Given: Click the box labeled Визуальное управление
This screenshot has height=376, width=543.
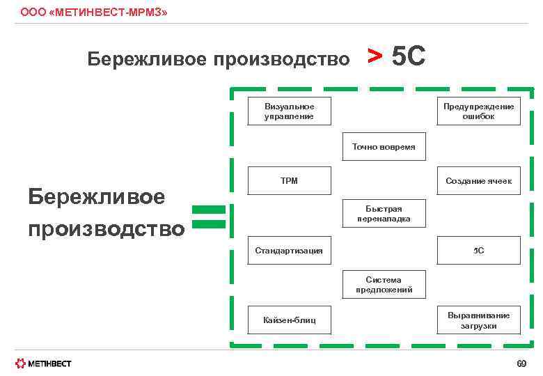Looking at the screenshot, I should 289,111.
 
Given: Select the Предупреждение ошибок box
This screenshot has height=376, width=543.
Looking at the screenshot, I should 478,111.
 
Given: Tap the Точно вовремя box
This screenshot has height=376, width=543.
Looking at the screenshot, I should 384,147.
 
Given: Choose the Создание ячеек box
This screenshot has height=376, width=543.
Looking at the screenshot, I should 478,181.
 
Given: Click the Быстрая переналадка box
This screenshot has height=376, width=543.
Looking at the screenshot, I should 384,214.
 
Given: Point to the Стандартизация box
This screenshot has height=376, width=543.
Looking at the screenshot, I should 289,250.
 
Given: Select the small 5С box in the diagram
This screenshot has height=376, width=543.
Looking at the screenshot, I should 478,250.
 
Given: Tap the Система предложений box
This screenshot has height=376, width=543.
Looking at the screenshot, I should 384,285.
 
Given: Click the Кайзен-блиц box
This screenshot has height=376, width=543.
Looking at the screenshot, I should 289,320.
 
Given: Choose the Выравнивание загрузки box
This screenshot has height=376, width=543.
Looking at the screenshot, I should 478,320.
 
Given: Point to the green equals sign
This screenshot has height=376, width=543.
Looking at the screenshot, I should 208,217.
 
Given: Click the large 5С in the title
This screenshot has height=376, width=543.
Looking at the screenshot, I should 408,56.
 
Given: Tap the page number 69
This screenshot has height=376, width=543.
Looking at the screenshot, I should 521,363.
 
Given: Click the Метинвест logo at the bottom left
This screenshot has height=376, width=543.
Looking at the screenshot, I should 43,363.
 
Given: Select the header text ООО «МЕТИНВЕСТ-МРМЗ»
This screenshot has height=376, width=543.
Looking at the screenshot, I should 93,13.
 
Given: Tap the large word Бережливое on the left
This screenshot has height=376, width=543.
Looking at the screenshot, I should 96,197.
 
